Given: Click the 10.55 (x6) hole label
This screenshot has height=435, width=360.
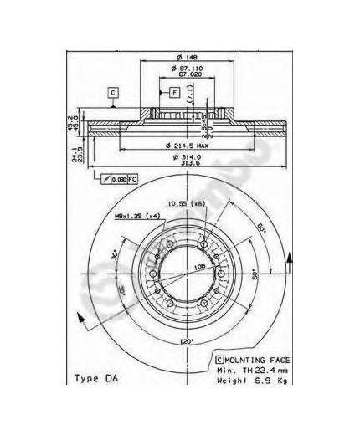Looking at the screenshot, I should click(185, 203).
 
